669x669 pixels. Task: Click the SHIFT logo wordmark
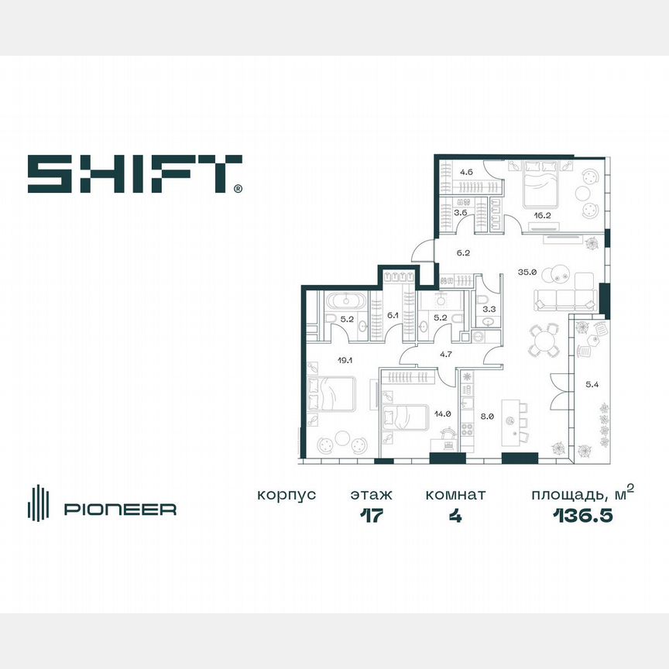(134, 173)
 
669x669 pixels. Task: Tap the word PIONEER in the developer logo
(120, 509)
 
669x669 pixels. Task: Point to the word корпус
(286, 495)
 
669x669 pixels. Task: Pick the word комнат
(455, 495)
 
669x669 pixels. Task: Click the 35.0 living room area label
(527, 272)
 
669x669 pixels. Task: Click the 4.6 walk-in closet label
(466, 173)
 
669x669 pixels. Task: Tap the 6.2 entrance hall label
(462, 252)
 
